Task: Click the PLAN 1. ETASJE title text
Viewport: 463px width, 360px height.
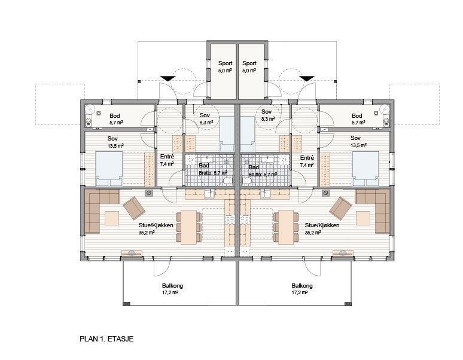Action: click(x=106, y=338)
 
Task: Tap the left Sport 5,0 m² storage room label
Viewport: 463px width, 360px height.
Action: click(x=226, y=67)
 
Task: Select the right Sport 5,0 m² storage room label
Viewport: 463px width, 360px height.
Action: click(x=249, y=67)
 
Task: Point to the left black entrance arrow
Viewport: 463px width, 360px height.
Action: click(x=168, y=78)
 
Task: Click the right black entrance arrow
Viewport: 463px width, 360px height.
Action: click(x=307, y=78)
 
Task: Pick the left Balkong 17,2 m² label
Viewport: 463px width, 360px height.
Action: click(x=172, y=289)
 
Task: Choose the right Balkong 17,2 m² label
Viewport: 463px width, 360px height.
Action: click(x=301, y=289)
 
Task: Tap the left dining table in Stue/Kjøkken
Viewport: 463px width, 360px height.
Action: click(x=188, y=227)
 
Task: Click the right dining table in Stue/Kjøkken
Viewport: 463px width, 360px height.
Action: click(x=286, y=227)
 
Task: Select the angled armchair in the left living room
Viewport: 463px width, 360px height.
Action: click(x=135, y=208)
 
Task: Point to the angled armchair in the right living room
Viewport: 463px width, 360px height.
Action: click(x=340, y=208)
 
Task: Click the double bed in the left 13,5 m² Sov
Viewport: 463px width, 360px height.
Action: click(x=109, y=169)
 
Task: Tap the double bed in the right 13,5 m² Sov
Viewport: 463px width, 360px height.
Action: click(x=365, y=169)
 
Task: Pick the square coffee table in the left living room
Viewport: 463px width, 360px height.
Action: click(x=112, y=218)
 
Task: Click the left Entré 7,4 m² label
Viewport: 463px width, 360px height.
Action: click(x=167, y=160)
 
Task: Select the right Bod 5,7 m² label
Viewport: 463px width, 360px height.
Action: click(x=358, y=119)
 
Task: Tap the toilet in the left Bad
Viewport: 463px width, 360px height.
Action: click(x=227, y=181)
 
